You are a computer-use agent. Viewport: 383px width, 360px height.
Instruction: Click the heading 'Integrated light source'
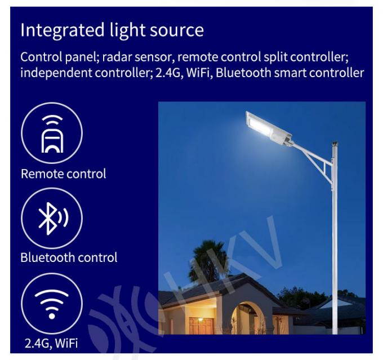click(112, 30)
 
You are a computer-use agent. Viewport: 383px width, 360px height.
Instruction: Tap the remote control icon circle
click(52, 133)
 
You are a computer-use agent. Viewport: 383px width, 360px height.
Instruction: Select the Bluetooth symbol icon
click(52, 218)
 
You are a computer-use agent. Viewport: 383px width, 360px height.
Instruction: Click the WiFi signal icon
click(52, 303)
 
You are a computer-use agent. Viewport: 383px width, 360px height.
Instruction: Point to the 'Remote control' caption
click(63, 174)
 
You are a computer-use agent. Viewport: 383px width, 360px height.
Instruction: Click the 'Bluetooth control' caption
click(69, 257)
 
